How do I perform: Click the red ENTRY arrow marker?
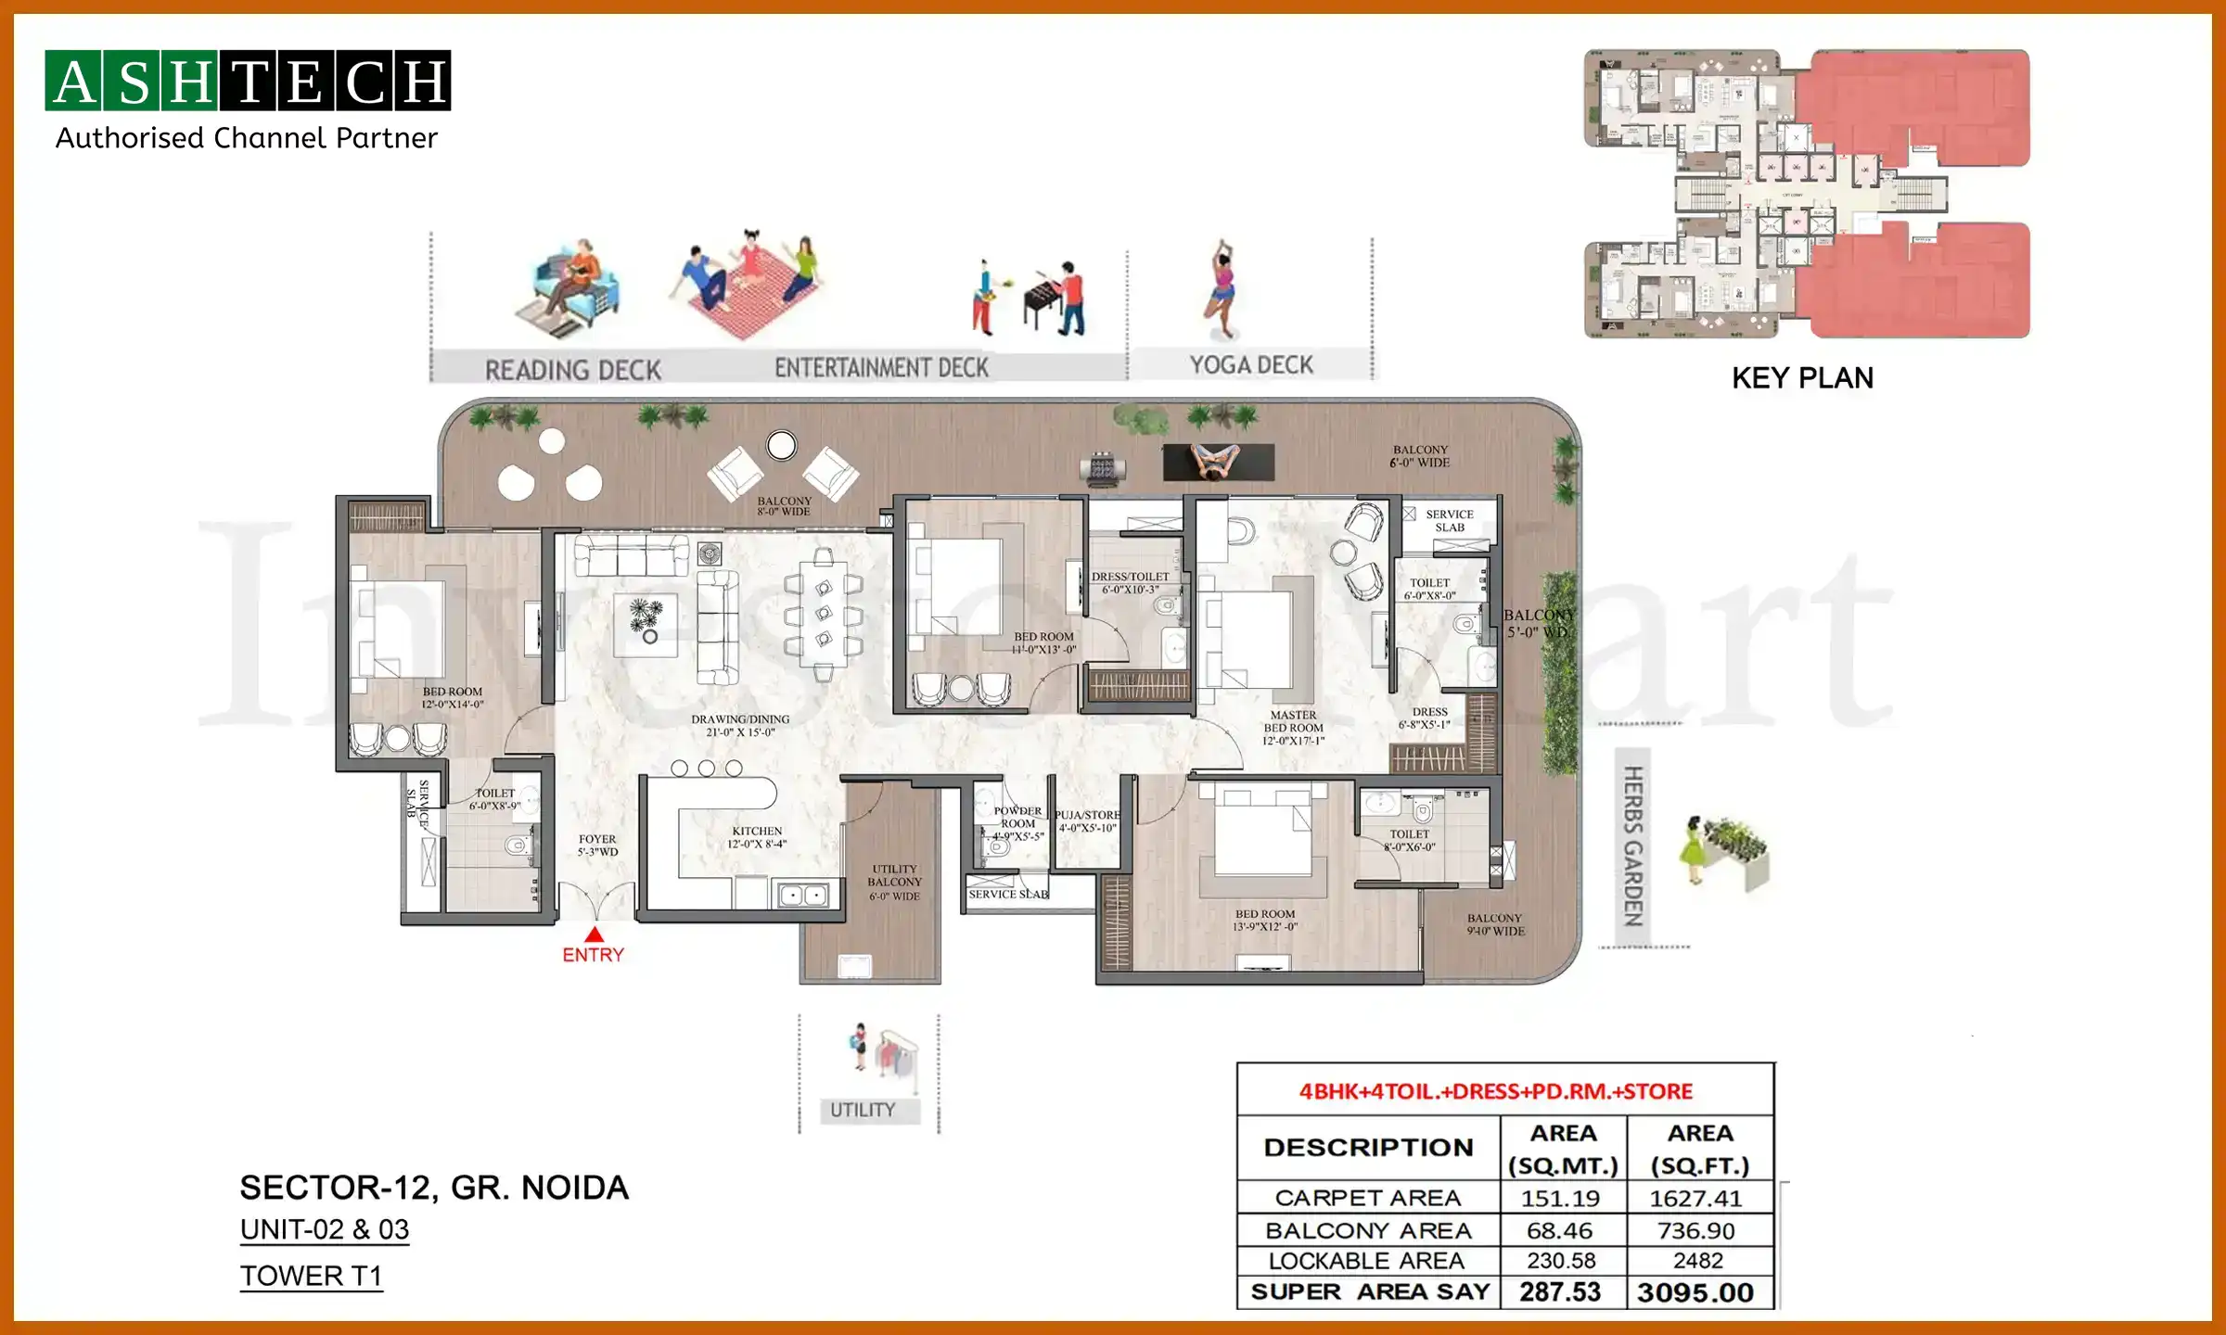pyautogui.click(x=595, y=935)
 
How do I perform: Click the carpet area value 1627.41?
pyautogui.click(x=1695, y=1199)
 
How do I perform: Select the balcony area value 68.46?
pyautogui.click(x=1560, y=1230)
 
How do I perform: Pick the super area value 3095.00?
pyautogui.click(x=1695, y=1292)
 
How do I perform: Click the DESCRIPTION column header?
pyautogui.click(x=1368, y=1148)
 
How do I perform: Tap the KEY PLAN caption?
pyautogui.click(x=1802, y=378)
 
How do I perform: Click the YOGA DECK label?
pyautogui.click(x=1251, y=365)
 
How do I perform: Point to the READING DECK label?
pyautogui.click(x=573, y=370)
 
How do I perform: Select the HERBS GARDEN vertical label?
pyautogui.click(x=1632, y=845)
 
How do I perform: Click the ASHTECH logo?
pyautogui.click(x=248, y=81)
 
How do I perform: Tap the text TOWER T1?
pyautogui.click(x=312, y=1276)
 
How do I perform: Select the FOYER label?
pyautogui.click(x=597, y=845)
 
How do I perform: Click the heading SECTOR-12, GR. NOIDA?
pyautogui.click(x=434, y=1188)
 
